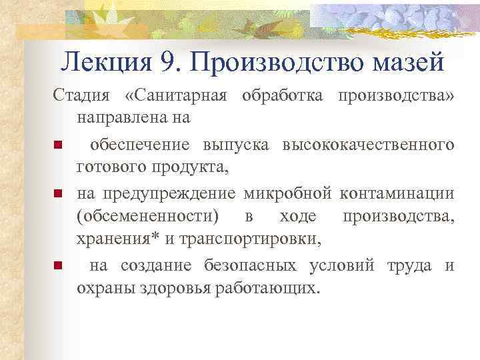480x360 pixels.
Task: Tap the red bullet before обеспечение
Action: click(x=59, y=145)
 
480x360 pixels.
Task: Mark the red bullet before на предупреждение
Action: click(x=59, y=194)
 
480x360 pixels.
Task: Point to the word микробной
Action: click(x=288, y=193)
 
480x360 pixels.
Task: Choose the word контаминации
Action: click(x=397, y=193)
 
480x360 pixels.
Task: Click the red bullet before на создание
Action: click(x=59, y=267)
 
